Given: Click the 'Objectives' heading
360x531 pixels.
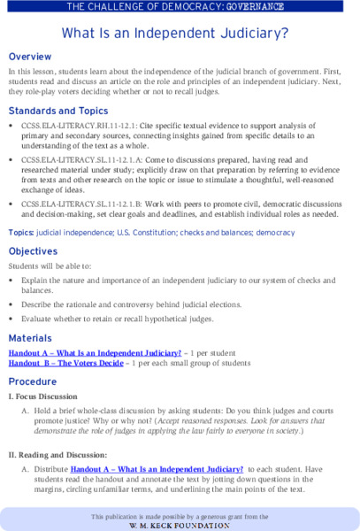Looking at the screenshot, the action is [38, 251].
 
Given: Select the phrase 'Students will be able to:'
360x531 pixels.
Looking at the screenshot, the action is [56, 266].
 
